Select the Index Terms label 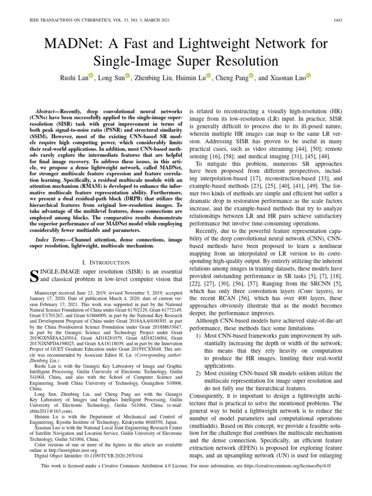coord(51,240)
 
